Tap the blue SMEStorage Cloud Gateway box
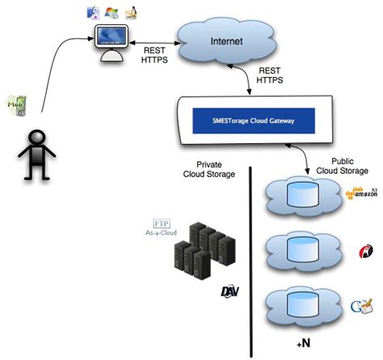pos(252,122)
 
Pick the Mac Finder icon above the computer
pos(94,11)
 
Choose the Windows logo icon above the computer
pos(112,11)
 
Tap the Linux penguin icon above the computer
pos(129,12)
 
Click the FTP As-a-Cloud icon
pos(161,227)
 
